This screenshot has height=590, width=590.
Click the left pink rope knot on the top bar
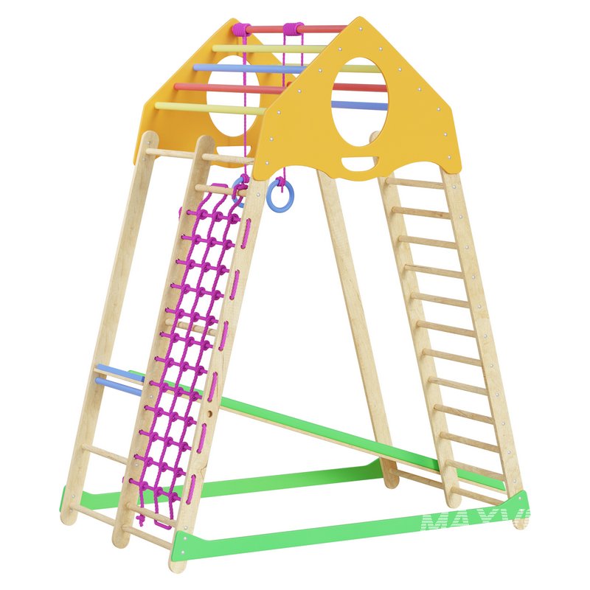[x=240, y=29]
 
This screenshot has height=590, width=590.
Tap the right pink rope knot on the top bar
[x=293, y=29]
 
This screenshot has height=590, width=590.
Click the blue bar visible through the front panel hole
[x=359, y=105]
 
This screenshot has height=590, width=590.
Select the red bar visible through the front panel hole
[x=359, y=87]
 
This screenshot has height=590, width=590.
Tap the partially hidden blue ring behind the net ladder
[x=239, y=190]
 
